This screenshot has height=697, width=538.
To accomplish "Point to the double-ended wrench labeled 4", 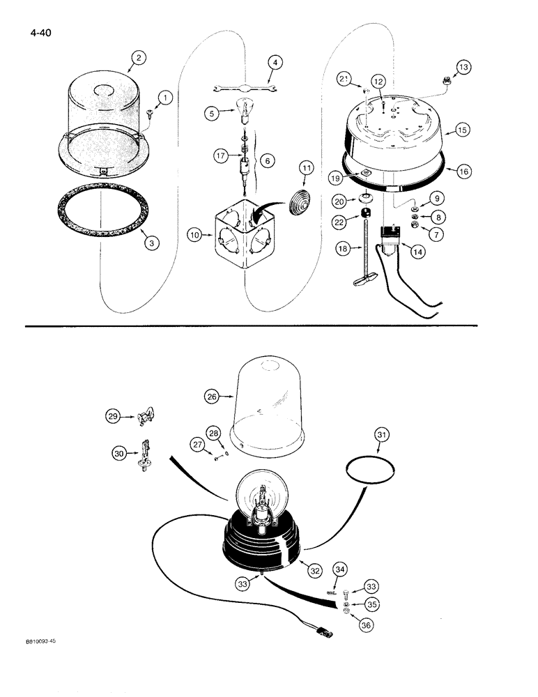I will [247, 88].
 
